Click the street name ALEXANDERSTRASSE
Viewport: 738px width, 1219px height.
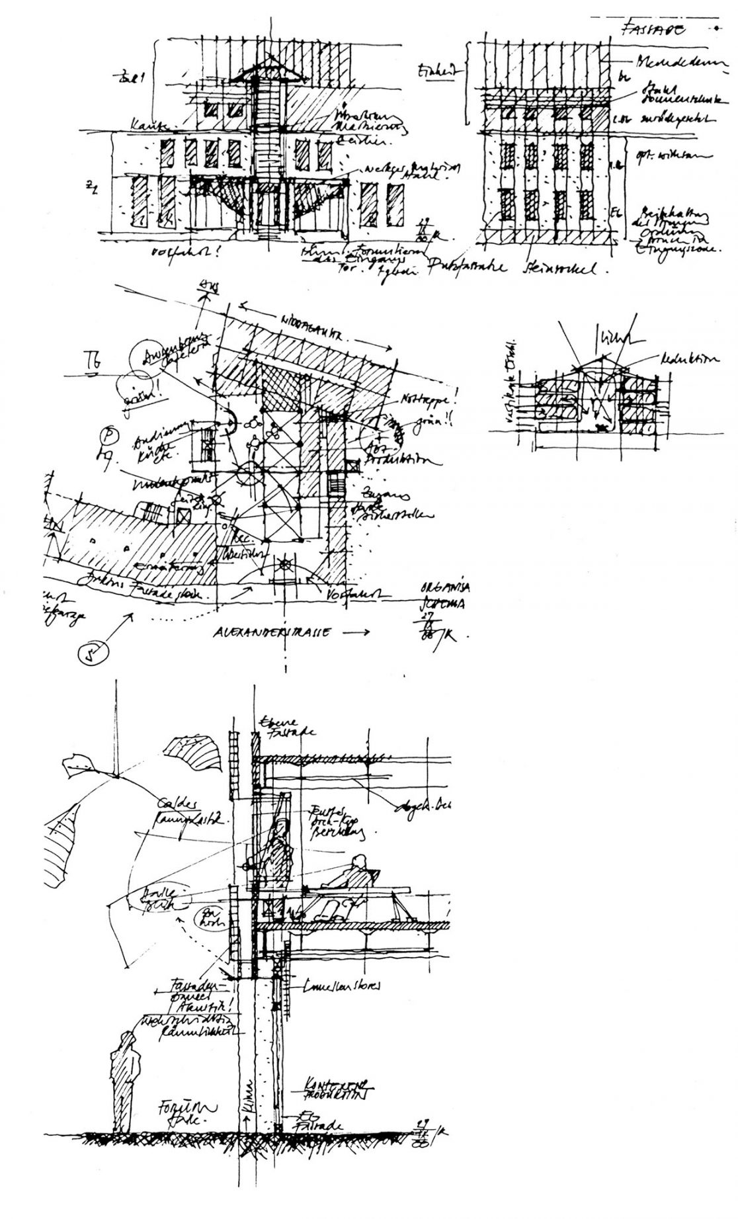coord(271,632)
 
